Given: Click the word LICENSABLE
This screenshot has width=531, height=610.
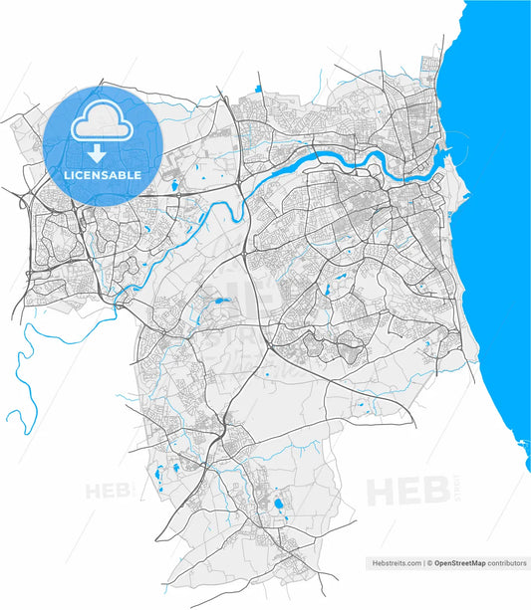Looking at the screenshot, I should [103, 175].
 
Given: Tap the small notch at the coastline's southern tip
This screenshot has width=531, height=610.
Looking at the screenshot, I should [526, 467].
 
